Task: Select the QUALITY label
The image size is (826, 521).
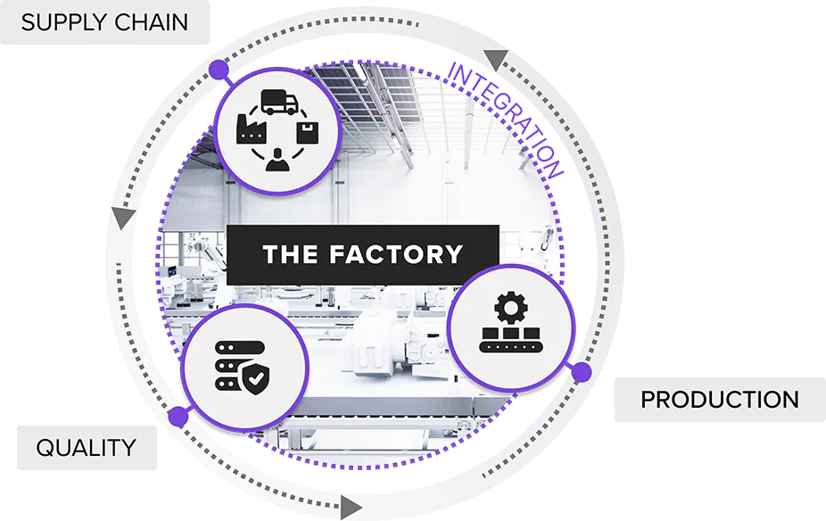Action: point(86,447)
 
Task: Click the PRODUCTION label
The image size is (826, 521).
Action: point(720,400)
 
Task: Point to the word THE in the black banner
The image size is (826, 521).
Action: point(291,254)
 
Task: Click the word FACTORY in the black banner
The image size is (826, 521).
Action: point(396,254)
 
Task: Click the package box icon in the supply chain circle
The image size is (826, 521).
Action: point(310,134)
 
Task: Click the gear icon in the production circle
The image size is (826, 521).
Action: point(510,308)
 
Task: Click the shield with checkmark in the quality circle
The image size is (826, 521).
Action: point(255,380)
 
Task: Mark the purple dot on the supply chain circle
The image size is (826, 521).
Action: point(218,69)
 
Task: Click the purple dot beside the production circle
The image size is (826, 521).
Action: point(581,373)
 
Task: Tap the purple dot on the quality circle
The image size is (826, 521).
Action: point(178,417)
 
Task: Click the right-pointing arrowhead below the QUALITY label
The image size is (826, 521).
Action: point(351,509)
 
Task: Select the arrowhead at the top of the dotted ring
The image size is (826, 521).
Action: point(496,61)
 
